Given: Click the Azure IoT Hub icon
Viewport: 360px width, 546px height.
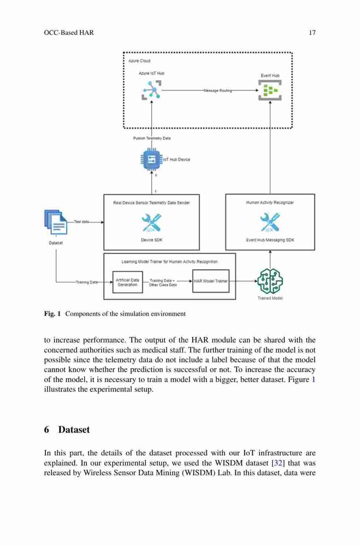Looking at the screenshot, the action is [x=151, y=90].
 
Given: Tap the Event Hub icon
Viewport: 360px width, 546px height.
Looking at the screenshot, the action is [x=270, y=90].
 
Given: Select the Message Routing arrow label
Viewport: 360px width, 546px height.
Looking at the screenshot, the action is [x=218, y=91].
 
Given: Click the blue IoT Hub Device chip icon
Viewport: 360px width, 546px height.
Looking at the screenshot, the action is [x=151, y=159].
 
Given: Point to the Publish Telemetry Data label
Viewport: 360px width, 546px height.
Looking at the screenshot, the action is [x=152, y=138].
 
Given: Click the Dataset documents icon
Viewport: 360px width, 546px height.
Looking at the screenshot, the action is [x=56, y=222].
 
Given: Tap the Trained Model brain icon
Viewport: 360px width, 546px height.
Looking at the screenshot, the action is [x=270, y=281].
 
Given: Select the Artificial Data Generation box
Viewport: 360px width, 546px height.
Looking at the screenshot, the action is [x=127, y=282].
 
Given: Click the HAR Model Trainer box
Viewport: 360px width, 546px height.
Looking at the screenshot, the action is [x=211, y=281].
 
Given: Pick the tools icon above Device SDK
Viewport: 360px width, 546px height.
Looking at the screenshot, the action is [x=152, y=223].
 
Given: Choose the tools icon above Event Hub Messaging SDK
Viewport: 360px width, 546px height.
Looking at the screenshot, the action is [x=270, y=223].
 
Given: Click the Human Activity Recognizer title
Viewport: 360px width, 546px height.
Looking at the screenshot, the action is [x=270, y=203].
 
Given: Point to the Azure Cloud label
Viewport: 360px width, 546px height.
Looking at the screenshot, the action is [x=139, y=61].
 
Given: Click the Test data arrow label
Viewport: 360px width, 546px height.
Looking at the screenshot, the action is [x=81, y=222].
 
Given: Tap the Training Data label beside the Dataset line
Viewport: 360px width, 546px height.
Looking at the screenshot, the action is [x=87, y=282].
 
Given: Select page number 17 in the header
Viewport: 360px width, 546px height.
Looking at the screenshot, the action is [x=312, y=33].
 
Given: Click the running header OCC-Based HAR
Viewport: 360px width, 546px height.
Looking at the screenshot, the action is [x=69, y=33].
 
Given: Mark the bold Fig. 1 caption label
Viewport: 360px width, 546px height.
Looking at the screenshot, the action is [x=52, y=314].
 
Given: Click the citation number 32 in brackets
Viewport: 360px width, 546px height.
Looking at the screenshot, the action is [x=278, y=463].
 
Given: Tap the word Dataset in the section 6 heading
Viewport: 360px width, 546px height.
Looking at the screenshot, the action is [x=74, y=430].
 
